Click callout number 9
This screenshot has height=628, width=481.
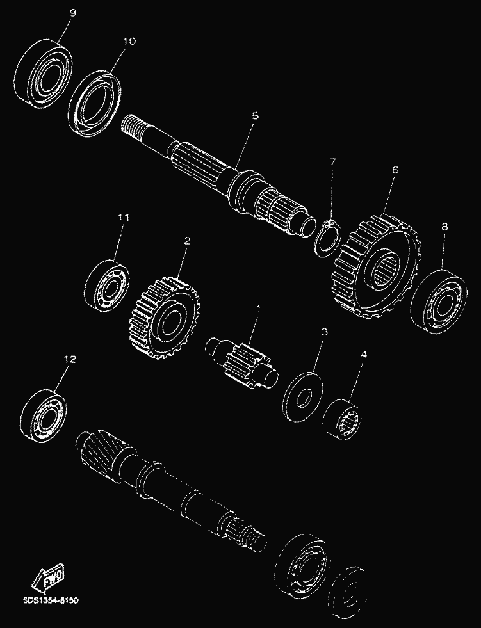pyautogui.click(x=72, y=13)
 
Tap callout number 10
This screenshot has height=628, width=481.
pyautogui.click(x=130, y=41)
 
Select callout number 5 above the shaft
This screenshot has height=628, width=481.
pyautogui.click(x=256, y=116)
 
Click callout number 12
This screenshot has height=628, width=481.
pyautogui.click(x=70, y=359)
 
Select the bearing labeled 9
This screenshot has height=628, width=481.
pyautogui.click(x=44, y=74)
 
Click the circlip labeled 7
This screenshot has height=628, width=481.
pyautogui.click(x=328, y=237)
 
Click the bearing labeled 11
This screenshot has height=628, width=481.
pyautogui.click(x=106, y=284)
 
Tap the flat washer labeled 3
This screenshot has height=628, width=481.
pyautogui.click(x=303, y=397)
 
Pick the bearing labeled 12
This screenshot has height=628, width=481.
pyautogui.click(x=44, y=415)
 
